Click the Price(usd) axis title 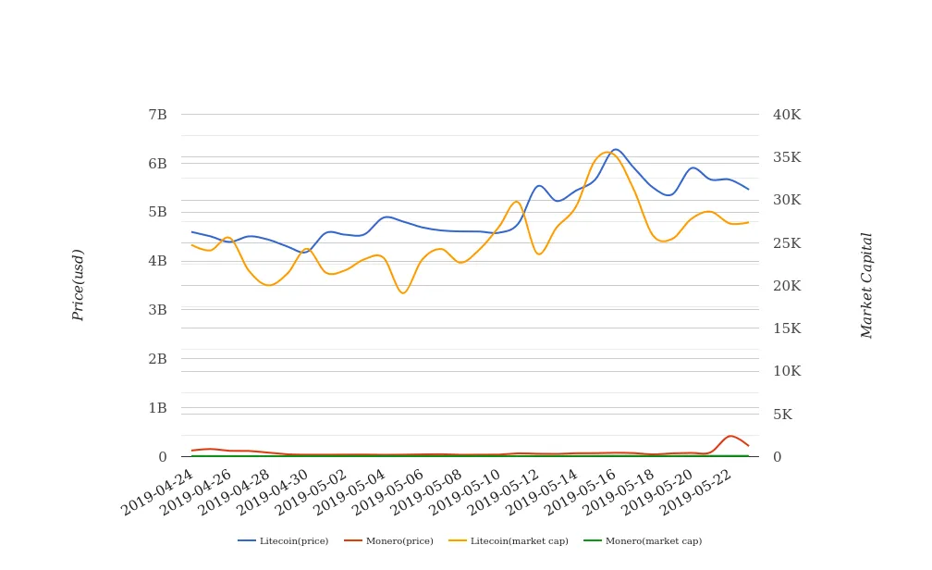(79, 285)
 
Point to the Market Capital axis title (866, 285)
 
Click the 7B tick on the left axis (157, 115)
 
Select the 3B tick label (157, 310)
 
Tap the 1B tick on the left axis (157, 408)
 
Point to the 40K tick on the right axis (787, 115)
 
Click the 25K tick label (787, 243)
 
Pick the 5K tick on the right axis (782, 415)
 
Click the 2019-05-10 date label (468, 489)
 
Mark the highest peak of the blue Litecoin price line (616, 150)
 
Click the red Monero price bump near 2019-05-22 (730, 436)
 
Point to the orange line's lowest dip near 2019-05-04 (402, 293)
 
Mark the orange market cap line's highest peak (607, 153)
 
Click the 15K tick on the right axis (787, 328)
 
